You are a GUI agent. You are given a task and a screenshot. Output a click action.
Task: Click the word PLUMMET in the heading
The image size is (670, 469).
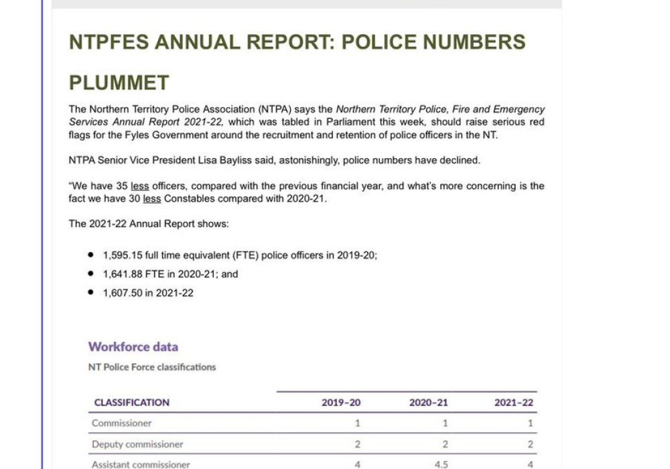(x=119, y=83)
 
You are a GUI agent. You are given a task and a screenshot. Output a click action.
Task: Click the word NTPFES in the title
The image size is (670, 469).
(x=108, y=42)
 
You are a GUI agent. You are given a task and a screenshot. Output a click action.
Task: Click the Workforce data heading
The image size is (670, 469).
(x=133, y=347)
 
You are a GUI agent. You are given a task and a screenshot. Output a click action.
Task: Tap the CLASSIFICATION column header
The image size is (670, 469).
(x=131, y=403)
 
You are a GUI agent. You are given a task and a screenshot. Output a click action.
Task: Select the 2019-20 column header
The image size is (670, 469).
(x=341, y=403)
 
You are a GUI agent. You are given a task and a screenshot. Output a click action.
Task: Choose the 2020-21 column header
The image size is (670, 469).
(x=429, y=403)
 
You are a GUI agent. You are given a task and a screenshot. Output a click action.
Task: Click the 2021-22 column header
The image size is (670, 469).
(x=514, y=403)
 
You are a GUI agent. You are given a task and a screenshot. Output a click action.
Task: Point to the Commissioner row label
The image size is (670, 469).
(x=122, y=423)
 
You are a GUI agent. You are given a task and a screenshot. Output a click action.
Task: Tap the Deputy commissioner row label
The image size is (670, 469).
(x=137, y=444)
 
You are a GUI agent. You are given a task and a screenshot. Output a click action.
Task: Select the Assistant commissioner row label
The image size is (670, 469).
(x=141, y=464)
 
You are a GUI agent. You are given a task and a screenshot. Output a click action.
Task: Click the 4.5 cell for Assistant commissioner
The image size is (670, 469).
(x=442, y=464)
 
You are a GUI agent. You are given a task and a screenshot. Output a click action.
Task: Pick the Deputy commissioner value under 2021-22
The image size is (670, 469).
(x=530, y=444)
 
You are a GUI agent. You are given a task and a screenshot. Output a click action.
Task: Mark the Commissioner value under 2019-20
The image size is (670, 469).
(x=358, y=423)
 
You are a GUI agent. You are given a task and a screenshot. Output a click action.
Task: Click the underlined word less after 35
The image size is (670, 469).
(x=139, y=186)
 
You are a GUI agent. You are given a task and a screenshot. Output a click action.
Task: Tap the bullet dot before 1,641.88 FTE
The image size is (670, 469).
(x=90, y=274)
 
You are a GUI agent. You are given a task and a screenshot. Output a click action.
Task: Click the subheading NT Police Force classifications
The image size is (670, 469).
(x=152, y=367)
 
